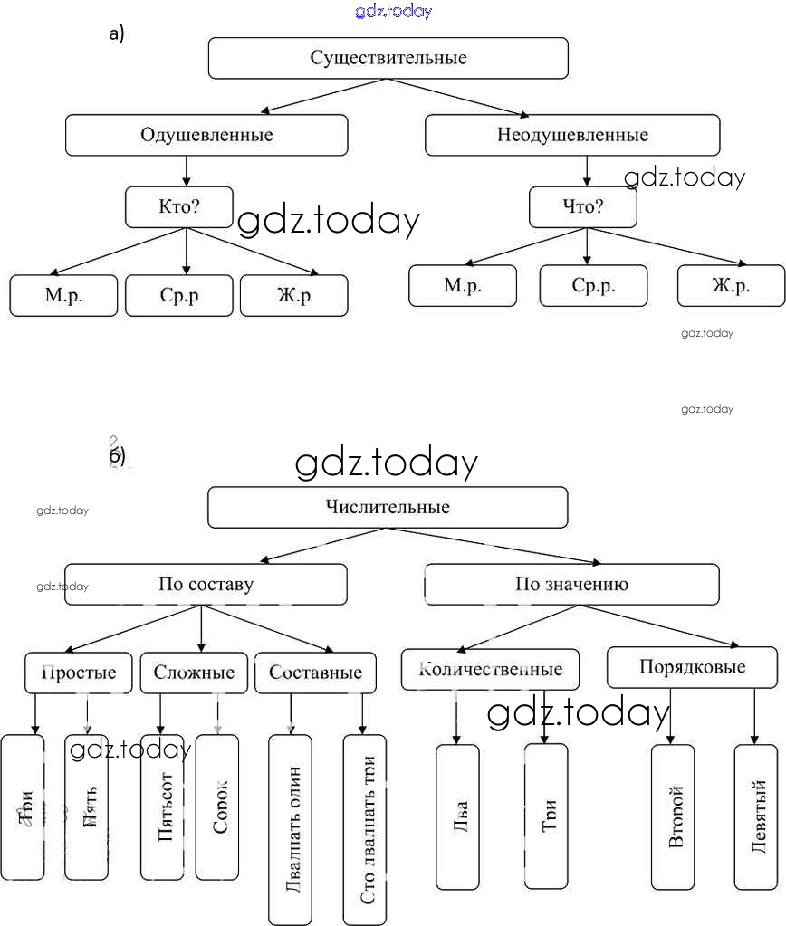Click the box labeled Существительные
pyautogui.click(x=388, y=59)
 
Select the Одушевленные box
pyautogui.click(x=206, y=136)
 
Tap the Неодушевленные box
pyautogui.click(x=572, y=136)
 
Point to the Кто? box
pyautogui.click(x=178, y=207)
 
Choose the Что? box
pyautogui.click(x=582, y=207)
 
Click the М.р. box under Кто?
pyautogui.click(x=63, y=296)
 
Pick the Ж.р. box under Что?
pyautogui.click(x=731, y=286)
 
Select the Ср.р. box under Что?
pyautogui.click(x=593, y=286)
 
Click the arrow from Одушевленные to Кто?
pyautogui.click(x=187, y=171)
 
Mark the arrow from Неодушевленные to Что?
pyautogui.click(x=587, y=171)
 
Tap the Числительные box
pyautogui.click(x=388, y=508)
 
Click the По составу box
pyautogui.click(x=206, y=585)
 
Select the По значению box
pyautogui.click(x=572, y=585)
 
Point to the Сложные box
pyautogui.click(x=194, y=673)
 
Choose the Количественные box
pyautogui.click(x=491, y=670)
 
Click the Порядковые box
pyautogui.click(x=692, y=668)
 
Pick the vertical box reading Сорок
pyautogui.click(x=217, y=807)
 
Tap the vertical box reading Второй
pyautogui.click(x=673, y=817)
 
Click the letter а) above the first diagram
pyautogui.click(x=116, y=34)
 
